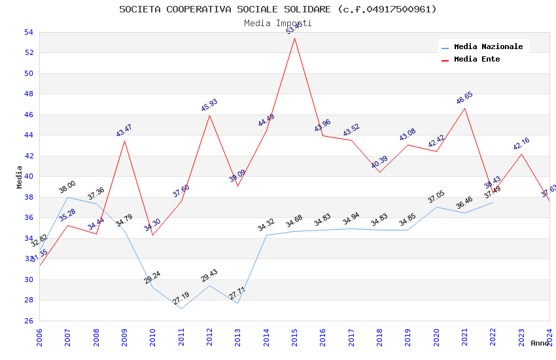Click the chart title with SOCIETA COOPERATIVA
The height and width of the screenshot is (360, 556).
click(278, 9)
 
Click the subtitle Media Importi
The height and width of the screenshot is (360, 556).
click(278, 23)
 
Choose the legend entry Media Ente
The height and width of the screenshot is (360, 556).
click(477, 59)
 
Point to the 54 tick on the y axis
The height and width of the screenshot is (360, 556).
click(28, 32)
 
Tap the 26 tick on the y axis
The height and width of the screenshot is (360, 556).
click(28, 321)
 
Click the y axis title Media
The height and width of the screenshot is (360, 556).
click(20, 177)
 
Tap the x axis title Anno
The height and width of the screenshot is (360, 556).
click(540, 343)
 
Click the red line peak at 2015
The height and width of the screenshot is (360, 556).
click(294, 38)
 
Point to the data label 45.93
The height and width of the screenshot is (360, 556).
click(209, 105)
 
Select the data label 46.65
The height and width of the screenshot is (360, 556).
click(464, 98)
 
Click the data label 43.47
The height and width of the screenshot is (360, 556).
click(124, 130)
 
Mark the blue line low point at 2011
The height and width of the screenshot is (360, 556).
click(181, 308)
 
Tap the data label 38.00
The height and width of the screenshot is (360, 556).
click(67, 187)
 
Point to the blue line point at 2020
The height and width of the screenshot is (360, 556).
click(436, 207)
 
